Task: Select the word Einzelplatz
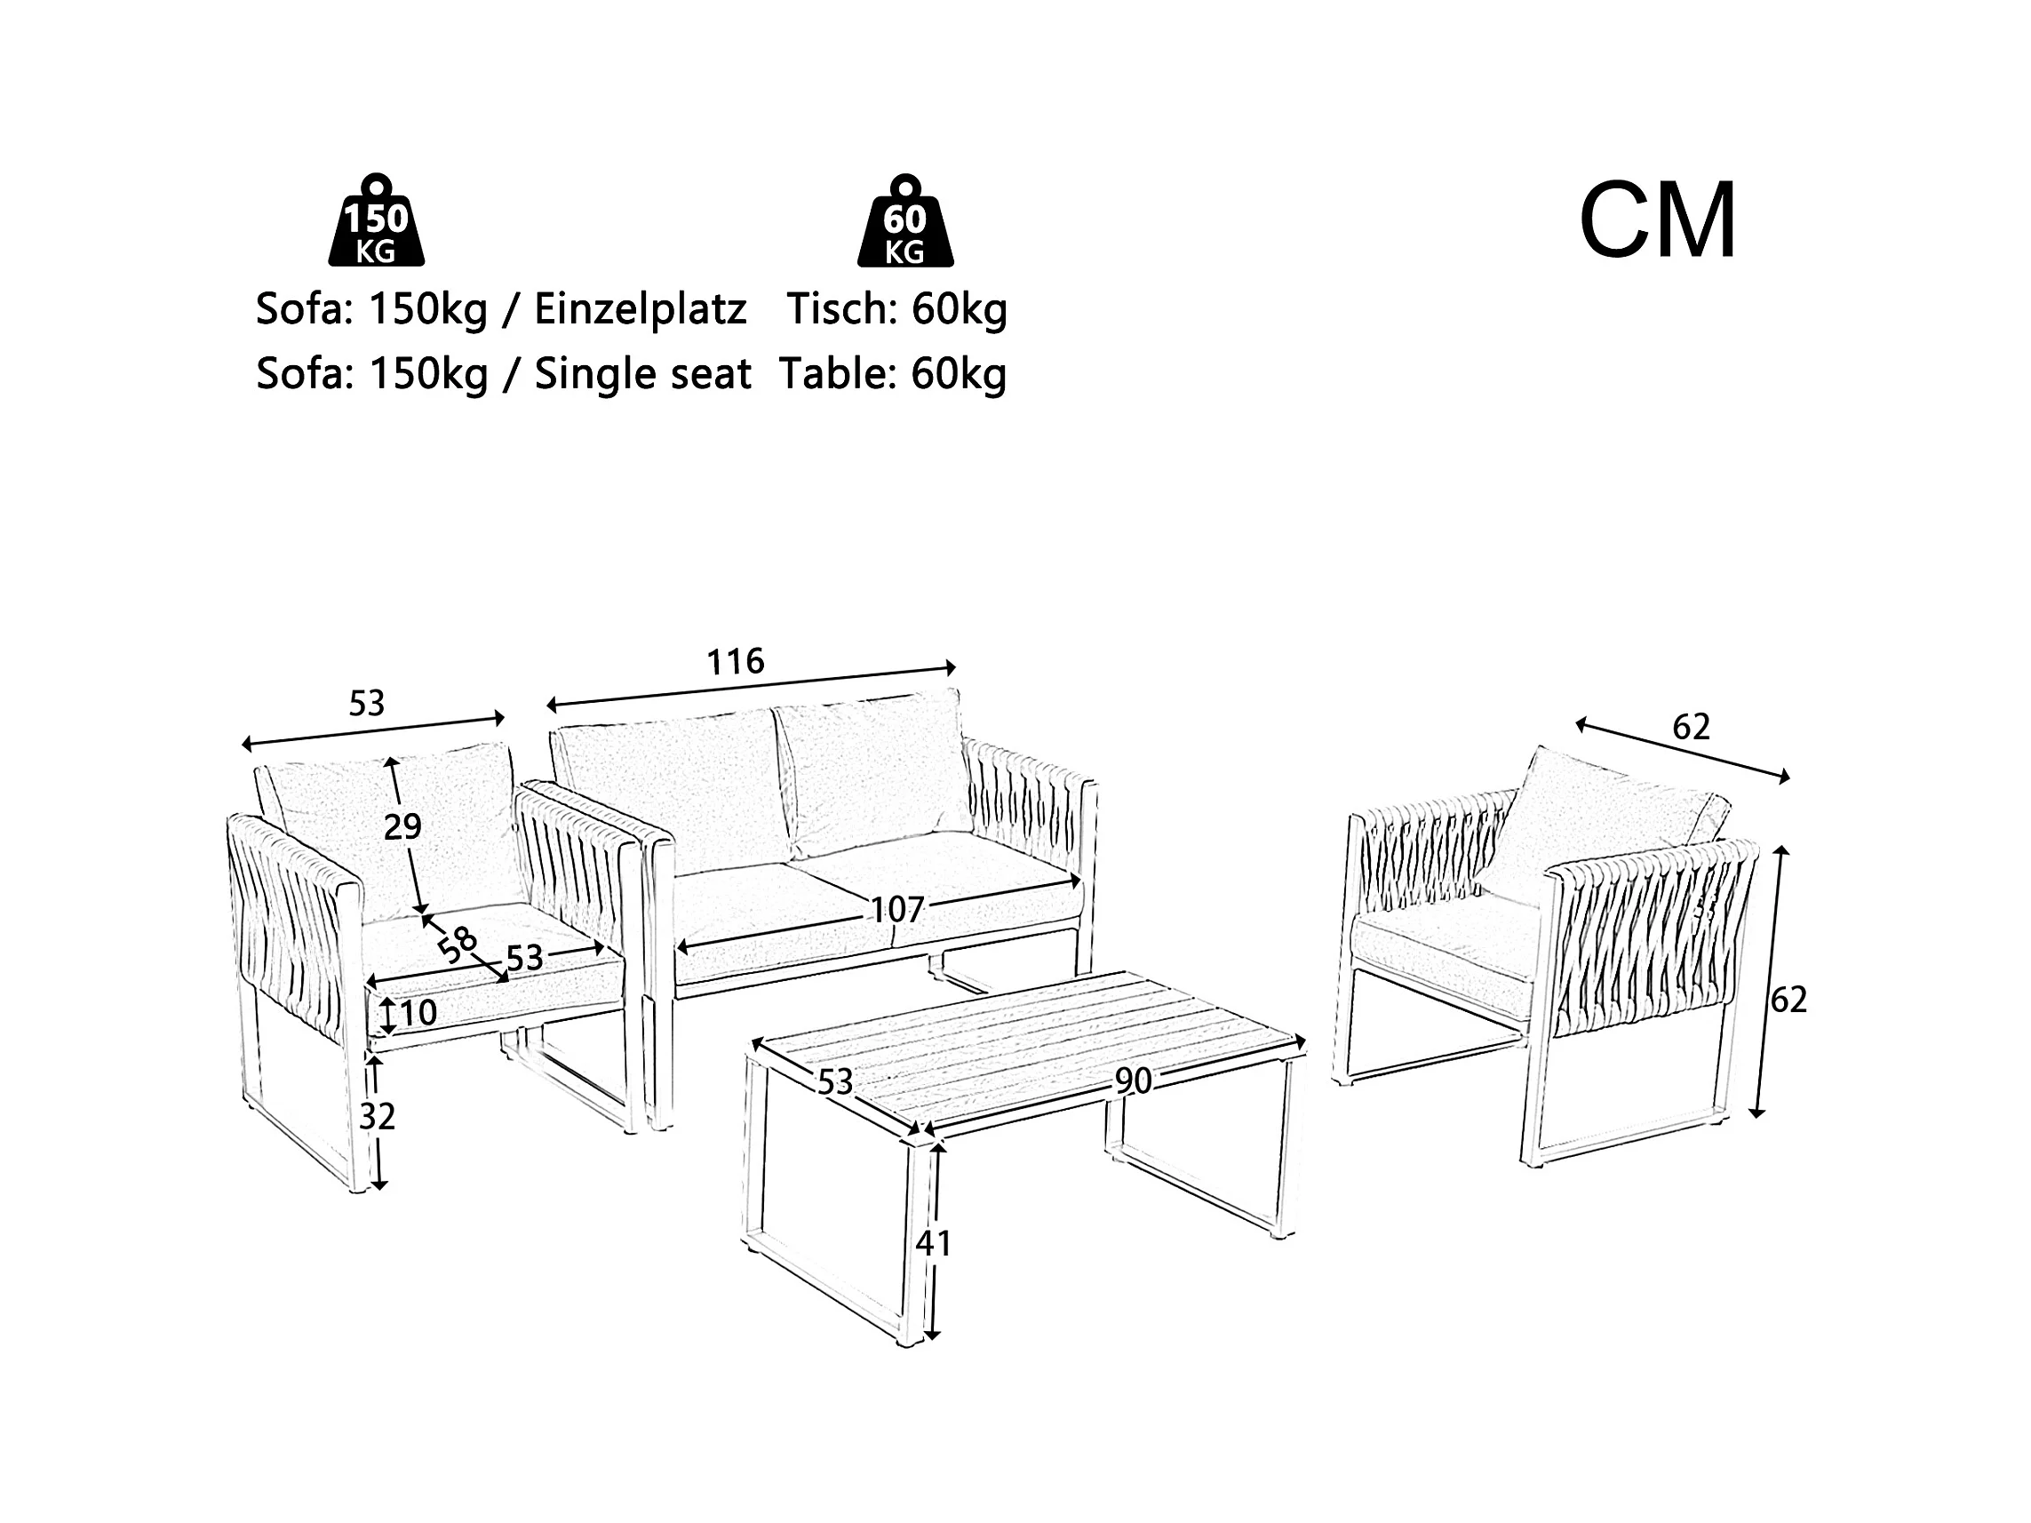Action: (640, 309)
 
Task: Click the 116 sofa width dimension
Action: (736, 661)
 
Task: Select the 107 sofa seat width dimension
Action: (896, 910)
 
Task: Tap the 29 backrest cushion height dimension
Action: (402, 827)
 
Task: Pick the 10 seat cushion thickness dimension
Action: (418, 1013)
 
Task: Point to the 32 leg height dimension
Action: (377, 1116)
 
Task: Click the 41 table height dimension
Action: (934, 1243)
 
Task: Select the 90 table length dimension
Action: (1133, 1081)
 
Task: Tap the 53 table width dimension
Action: (835, 1082)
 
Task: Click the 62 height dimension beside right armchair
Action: (1788, 999)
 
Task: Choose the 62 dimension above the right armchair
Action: (1692, 727)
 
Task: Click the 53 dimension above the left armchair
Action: (366, 703)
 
